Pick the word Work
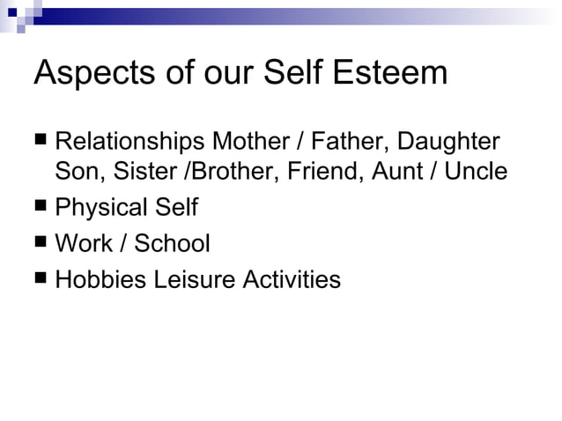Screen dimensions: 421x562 82,243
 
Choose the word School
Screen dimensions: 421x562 172,243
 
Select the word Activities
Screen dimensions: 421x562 292,280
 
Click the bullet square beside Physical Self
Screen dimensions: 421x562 41,207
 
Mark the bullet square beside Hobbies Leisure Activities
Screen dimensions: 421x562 41,278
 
